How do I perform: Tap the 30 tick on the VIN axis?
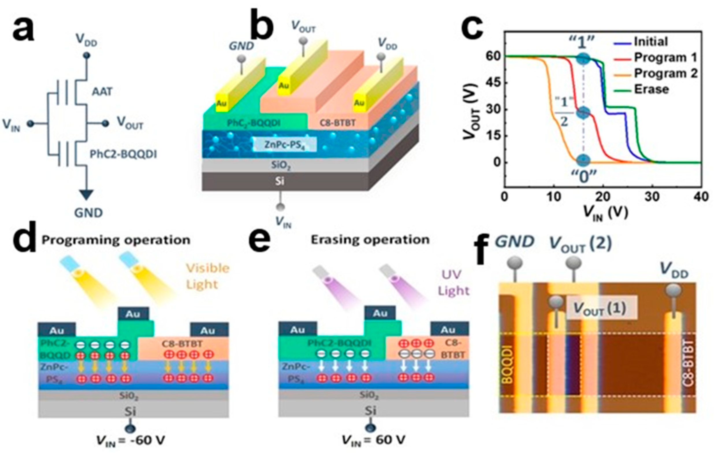[652, 197]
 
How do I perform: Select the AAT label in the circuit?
[102, 92]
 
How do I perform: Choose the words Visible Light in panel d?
[208, 276]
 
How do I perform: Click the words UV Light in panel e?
[453, 282]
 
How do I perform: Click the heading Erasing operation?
[370, 240]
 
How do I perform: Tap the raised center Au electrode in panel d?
[133, 314]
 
